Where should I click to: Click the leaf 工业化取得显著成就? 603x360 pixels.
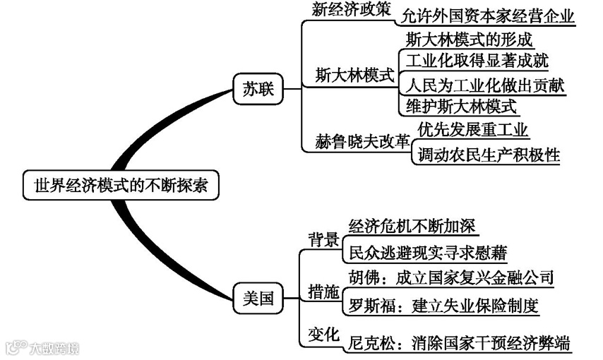tap(477, 61)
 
